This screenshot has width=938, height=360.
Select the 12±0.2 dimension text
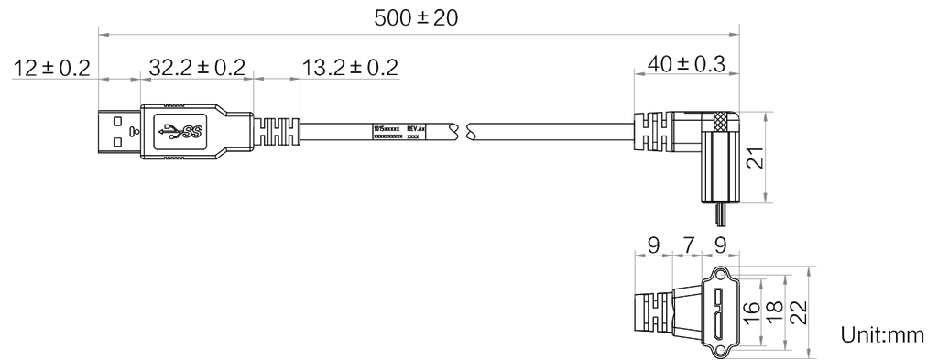[x=52, y=67]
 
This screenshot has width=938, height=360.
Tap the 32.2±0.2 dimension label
[x=196, y=67]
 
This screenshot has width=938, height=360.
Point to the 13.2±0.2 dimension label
[x=349, y=67]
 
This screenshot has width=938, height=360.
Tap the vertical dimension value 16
[x=747, y=312]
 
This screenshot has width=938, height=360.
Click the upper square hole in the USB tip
[x=116, y=120]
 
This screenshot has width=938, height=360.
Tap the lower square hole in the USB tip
[x=116, y=141]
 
